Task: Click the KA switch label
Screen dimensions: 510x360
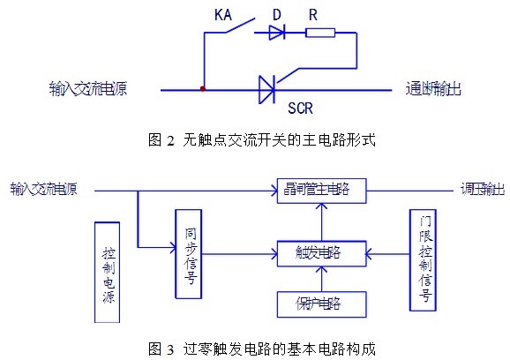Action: pyautogui.click(x=223, y=15)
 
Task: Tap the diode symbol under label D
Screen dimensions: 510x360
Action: pyautogui.click(x=277, y=33)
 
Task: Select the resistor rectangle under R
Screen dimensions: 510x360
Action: pyautogui.click(x=320, y=33)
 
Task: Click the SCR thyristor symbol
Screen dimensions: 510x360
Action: pyautogui.click(x=266, y=90)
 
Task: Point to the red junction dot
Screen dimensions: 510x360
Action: pyautogui.click(x=203, y=88)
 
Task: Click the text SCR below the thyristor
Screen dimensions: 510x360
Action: pyautogui.click(x=300, y=109)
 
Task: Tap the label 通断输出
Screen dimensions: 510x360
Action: pyautogui.click(x=433, y=88)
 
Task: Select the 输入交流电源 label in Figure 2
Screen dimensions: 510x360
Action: pyautogui.click(x=88, y=88)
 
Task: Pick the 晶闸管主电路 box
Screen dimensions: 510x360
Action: pyautogui.click(x=322, y=191)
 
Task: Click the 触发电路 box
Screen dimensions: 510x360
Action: pyautogui.click(x=322, y=253)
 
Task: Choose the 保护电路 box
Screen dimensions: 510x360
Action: pyautogui.click(x=322, y=304)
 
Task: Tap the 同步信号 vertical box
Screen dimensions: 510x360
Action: pyautogui.click(x=189, y=254)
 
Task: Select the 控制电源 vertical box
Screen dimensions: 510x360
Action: pyautogui.click(x=108, y=272)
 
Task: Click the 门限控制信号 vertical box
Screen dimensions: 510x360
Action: pyautogui.click(x=423, y=260)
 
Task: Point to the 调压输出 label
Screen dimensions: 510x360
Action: pyautogui.click(x=483, y=190)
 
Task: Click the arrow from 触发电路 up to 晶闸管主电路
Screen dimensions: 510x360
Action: pyautogui.click(x=322, y=222)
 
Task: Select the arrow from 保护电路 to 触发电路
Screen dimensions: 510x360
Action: pyautogui.click(x=322, y=279)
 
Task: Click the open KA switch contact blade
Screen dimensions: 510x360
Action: pyautogui.click(x=240, y=26)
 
